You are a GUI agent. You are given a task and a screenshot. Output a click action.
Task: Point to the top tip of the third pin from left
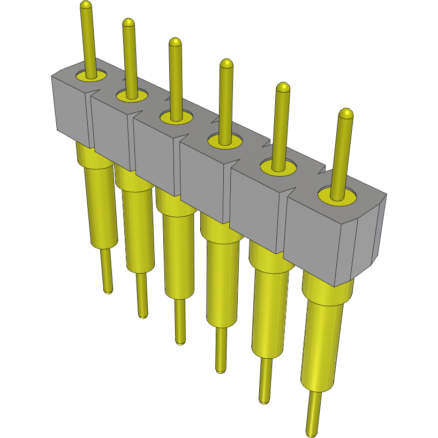(175, 41)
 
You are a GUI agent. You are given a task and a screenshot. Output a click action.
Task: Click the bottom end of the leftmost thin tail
(108, 292)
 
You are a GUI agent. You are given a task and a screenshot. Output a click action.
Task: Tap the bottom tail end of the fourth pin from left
(220, 370)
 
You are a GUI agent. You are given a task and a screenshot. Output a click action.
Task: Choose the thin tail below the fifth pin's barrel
(264, 380)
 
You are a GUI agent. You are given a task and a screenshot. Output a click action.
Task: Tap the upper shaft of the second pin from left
(129, 59)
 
